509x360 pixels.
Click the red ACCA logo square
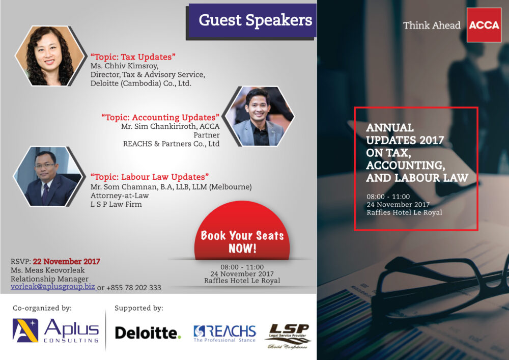pos(484,25)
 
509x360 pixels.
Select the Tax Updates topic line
pos(133,57)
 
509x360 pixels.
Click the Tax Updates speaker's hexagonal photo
pos(50,56)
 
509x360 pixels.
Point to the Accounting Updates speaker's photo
pos(260,116)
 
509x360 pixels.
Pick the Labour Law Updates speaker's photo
pos(48,176)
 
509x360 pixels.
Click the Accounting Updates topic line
pos(160,117)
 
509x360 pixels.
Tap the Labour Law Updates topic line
pos(150,177)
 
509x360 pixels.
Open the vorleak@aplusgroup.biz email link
pos(53,287)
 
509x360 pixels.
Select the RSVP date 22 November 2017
pos(67,261)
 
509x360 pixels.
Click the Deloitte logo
pos(148,333)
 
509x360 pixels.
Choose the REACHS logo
pos(224,334)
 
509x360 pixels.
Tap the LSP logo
pos(288,336)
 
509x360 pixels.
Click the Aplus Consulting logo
pos(55,330)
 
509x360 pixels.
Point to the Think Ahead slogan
pos(432,25)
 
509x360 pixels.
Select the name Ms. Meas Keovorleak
pos(48,270)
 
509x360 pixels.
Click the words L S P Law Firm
pos(116,204)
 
